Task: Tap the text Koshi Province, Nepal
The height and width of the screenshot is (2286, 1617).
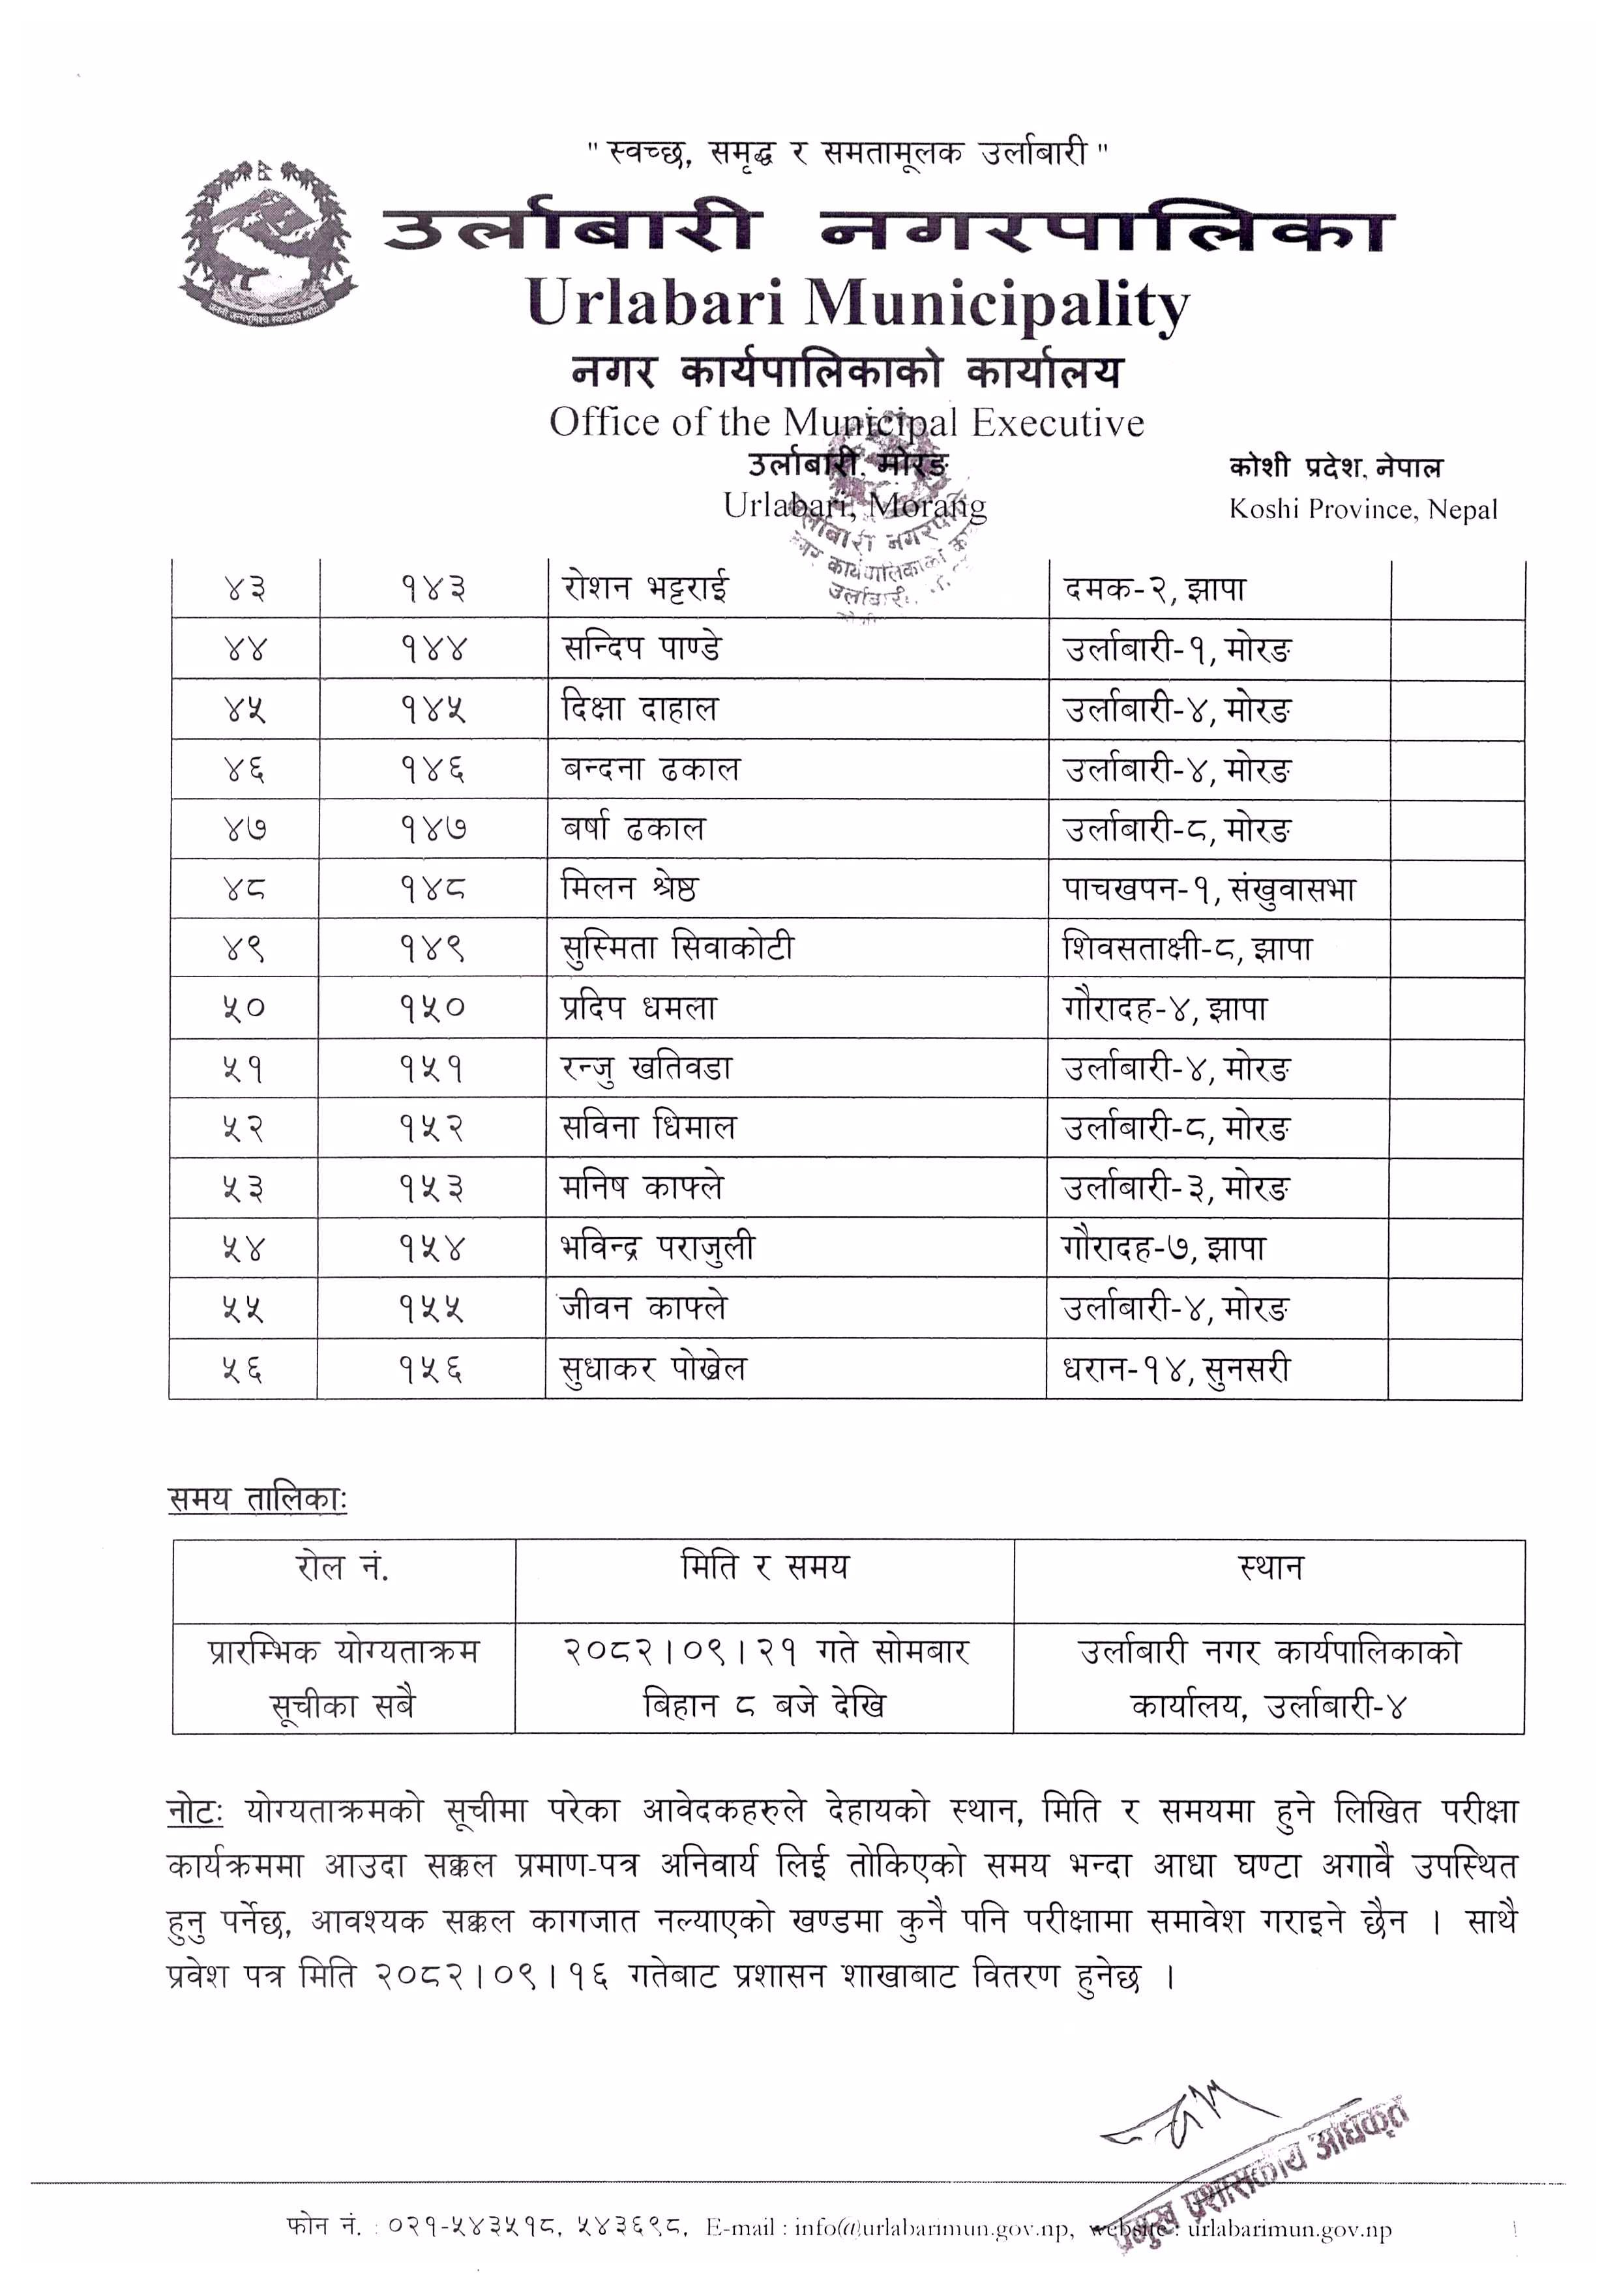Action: [x=1362, y=510]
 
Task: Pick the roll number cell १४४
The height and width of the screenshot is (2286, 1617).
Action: [x=433, y=650]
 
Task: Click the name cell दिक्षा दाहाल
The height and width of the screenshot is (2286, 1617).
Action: [x=639, y=710]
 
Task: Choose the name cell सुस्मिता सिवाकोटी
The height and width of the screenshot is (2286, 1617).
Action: [x=677, y=948]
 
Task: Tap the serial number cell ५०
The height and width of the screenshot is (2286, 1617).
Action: [x=244, y=1008]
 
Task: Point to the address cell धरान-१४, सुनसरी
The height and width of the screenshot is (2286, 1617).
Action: [x=1176, y=1369]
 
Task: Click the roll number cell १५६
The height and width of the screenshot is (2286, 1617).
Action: [x=433, y=1369]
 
